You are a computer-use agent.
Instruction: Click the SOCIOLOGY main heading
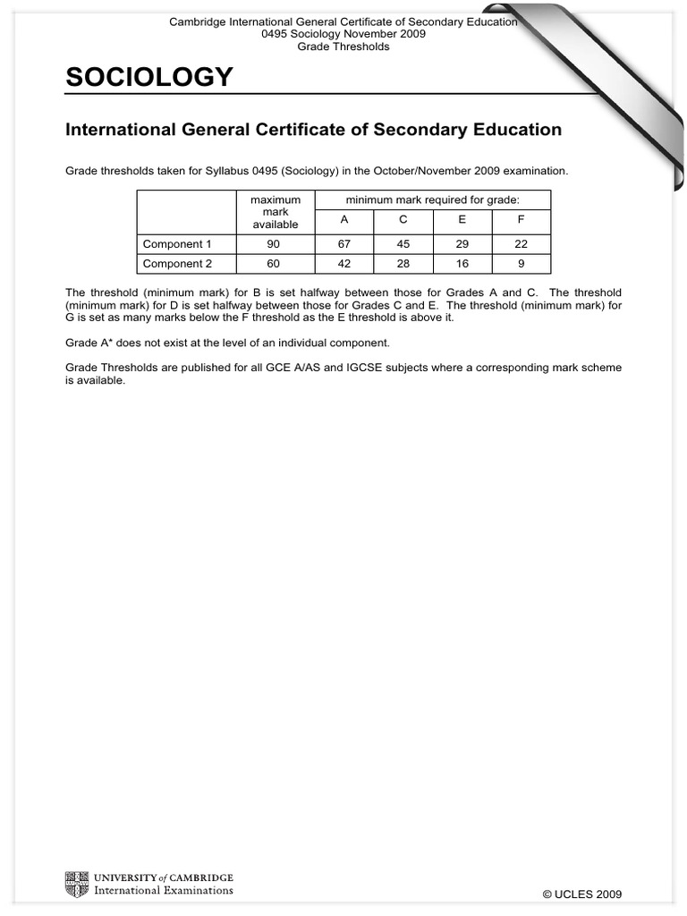point(149,79)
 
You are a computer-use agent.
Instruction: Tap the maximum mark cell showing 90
point(275,243)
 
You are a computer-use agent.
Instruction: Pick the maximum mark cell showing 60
point(275,264)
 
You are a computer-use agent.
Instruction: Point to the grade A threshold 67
point(344,243)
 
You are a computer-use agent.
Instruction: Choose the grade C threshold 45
point(403,243)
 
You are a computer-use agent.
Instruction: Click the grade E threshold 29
point(462,243)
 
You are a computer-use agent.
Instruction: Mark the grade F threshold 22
point(521,243)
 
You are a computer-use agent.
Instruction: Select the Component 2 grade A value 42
point(344,264)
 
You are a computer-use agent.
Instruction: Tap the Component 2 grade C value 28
point(403,264)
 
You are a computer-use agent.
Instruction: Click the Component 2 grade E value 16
point(462,264)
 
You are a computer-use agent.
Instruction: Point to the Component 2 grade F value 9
point(521,264)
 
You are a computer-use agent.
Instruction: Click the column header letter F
point(521,221)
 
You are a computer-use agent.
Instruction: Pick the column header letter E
point(462,221)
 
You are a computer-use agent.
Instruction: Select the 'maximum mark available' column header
point(275,212)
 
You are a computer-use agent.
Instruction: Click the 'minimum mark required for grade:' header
point(432,199)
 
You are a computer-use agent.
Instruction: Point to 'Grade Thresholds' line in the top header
point(343,47)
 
